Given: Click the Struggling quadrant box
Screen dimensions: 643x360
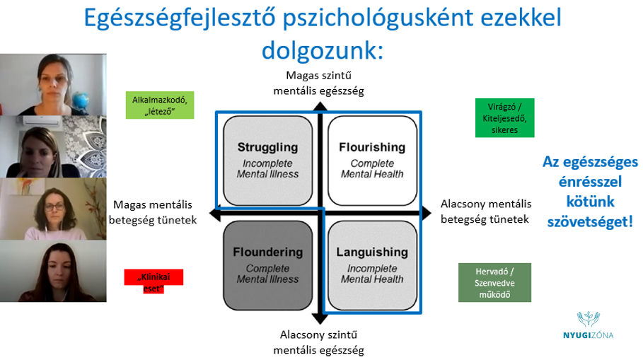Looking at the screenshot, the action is click(268, 161).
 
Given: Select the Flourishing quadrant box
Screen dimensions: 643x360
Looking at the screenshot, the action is click(372, 161).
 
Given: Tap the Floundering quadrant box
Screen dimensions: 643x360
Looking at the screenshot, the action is click(268, 266).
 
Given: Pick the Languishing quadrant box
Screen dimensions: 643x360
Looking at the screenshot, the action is click(372, 266).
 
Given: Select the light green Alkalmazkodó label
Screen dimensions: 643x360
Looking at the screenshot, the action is click(160, 105).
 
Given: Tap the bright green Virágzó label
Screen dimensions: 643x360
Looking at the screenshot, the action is click(505, 117).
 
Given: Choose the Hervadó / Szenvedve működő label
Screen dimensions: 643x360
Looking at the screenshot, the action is click(494, 282).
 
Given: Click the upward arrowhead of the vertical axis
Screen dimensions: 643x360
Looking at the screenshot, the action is click(320, 107).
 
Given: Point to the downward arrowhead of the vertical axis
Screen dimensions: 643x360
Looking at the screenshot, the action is click(320, 318).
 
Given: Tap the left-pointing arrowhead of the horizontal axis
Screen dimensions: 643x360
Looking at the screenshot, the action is click(214, 214).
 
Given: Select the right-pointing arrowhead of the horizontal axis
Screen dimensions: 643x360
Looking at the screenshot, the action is click(427, 213).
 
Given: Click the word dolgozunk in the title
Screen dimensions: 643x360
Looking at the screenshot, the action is click(323, 50).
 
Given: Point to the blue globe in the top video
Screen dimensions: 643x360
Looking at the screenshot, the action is click(81, 100).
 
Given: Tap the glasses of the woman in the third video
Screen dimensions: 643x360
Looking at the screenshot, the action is click(54, 207).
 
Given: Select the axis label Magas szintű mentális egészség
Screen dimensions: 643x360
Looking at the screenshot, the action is click(318, 83).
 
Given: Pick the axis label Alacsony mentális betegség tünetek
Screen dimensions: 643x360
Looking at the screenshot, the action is click(485, 211).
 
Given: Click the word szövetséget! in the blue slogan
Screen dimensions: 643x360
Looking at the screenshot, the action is click(591, 221).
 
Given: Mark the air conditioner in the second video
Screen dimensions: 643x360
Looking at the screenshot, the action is click(42, 120).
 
